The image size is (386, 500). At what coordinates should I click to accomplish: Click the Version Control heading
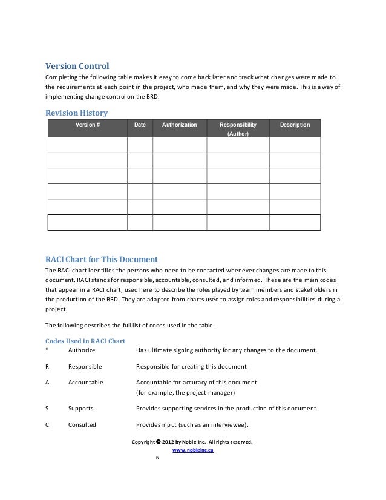tap(77, 66)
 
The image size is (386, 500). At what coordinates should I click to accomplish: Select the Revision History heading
tap(77, 112)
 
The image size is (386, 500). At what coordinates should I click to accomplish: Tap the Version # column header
tap(87, 125)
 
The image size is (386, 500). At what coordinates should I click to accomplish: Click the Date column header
tap(140, 125)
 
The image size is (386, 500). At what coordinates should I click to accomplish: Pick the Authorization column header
tap(180, 125)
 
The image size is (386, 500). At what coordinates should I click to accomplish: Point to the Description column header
tap(295, 125)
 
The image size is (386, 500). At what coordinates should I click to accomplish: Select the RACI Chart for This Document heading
tap(102, 258)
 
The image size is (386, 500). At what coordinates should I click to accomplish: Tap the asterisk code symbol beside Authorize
tap(47, 350)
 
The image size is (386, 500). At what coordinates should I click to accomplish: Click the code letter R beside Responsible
tap(48, 367)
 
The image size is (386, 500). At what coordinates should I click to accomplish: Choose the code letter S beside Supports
tap(48, 409)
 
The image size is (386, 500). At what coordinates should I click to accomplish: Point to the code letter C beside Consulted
tap(48, 425)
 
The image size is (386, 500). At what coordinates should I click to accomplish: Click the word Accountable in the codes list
tap(85, 383)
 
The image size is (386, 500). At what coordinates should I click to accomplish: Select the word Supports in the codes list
tap(80, 409)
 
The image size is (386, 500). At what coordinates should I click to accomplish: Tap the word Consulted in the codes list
tap(82, 425)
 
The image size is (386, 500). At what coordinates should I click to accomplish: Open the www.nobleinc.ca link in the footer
tap(193, 450)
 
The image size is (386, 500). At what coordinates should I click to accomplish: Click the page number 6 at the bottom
tap(157, 458)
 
